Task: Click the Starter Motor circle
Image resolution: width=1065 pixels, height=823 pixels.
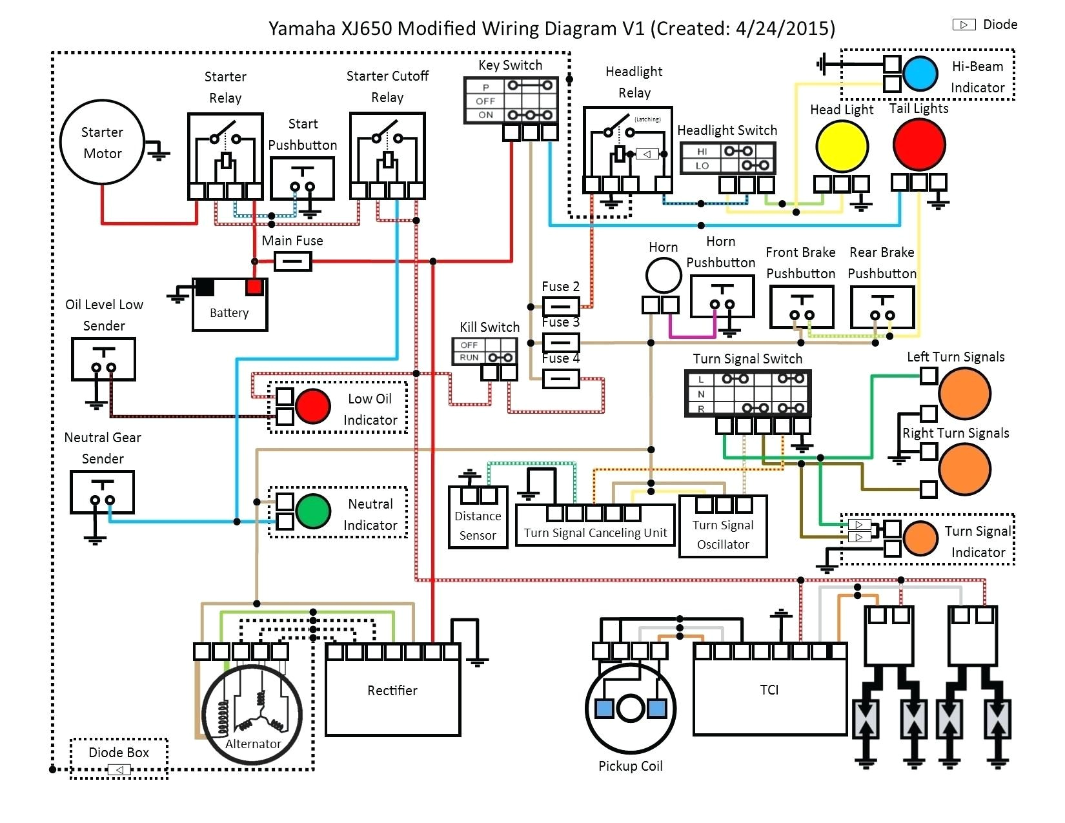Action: point(102,142)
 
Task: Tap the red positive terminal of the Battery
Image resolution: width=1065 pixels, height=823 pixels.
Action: point(254,287)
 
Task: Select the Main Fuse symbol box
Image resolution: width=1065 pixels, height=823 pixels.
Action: point(293,261)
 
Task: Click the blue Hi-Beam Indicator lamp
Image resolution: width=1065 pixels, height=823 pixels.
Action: point(920,73)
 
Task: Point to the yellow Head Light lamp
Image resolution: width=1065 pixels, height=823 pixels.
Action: point(842,147)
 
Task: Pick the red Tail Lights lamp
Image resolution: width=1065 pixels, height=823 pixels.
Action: point(918,145)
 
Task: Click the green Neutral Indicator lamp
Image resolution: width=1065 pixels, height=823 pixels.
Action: point(314,512)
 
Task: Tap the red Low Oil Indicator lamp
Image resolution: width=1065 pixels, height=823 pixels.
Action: point(313,406)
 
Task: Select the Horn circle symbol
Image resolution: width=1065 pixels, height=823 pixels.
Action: point(664,276)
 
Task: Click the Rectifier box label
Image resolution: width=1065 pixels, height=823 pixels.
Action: point(392,691)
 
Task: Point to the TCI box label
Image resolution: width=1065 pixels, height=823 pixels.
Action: point(769,690)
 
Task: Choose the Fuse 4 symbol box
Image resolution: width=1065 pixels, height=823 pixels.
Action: point(561,378)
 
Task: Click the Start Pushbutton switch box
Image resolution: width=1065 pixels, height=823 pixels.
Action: point(302,179)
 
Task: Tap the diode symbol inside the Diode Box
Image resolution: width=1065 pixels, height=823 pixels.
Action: point(119,769)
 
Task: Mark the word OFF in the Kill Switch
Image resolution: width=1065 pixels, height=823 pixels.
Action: point(469,345)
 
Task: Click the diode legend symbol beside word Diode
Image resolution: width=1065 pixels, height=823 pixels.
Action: point(964,25)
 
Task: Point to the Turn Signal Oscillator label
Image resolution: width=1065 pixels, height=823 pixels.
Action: point(723,534)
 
